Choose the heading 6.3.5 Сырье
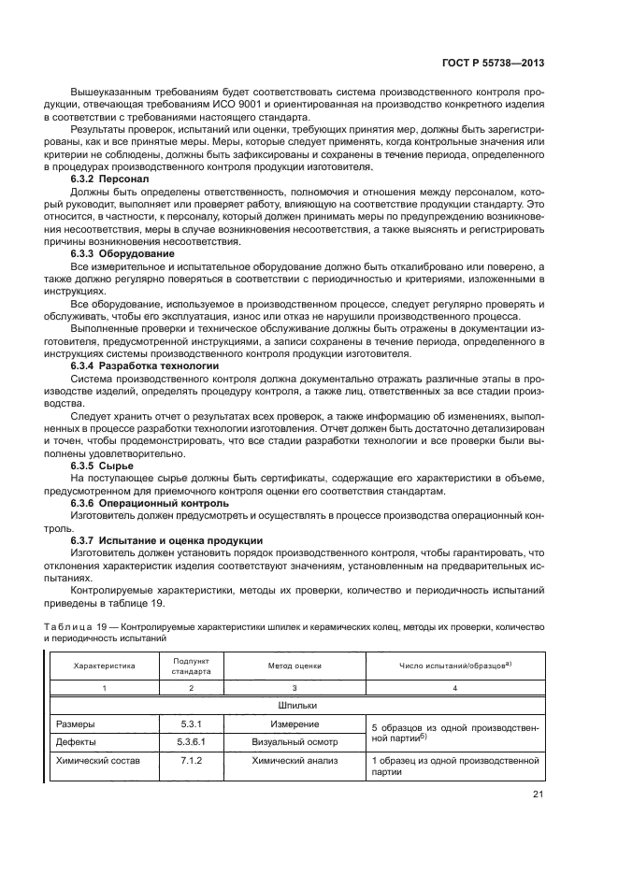click(103, 465)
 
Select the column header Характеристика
click(105, 666)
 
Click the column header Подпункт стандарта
click(191, 666)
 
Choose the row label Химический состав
click(98, 761)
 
